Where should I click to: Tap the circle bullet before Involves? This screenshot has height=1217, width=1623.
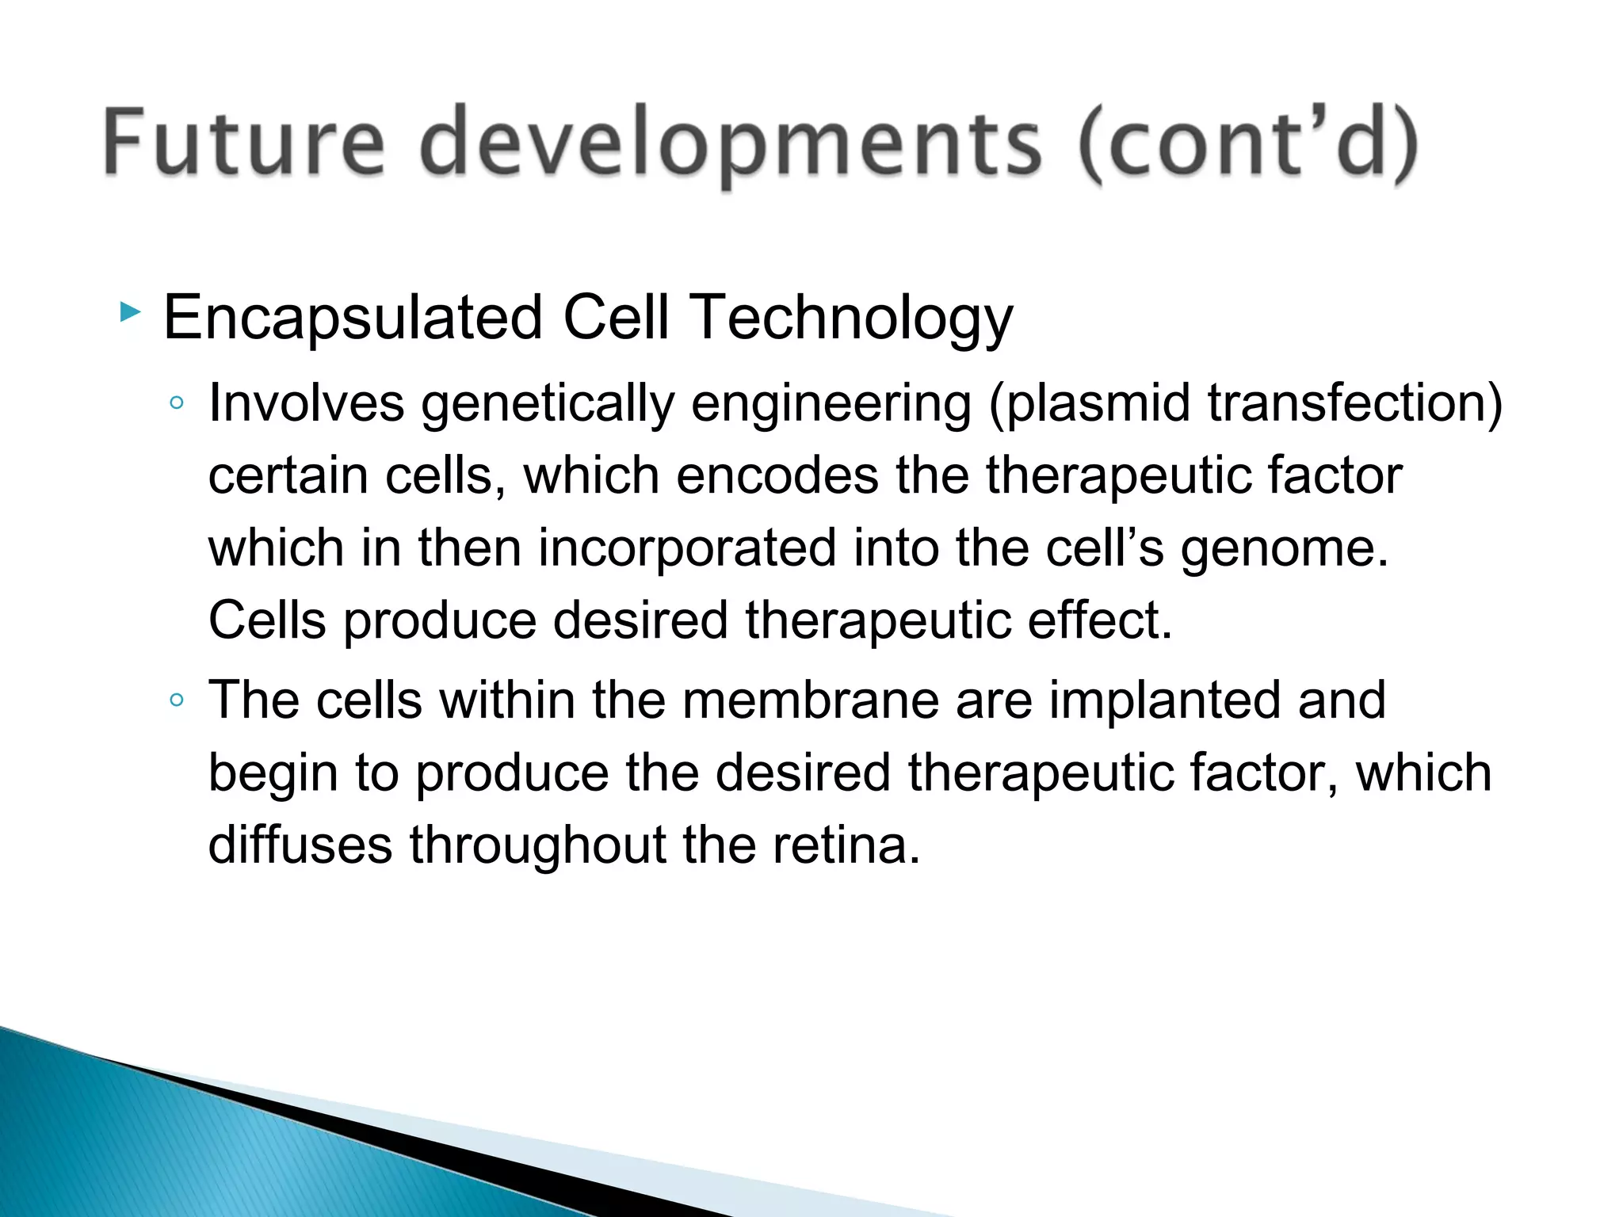[x=177, y=403]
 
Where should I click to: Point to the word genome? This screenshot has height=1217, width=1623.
[x=1284, y=549]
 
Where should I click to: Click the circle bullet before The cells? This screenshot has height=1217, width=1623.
[x=177, y=700]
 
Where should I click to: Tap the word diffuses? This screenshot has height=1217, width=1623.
[x=300, y=845]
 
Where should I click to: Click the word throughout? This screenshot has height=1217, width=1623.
[x=537, y=845]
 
